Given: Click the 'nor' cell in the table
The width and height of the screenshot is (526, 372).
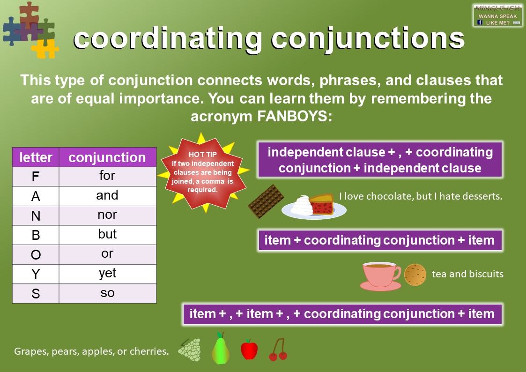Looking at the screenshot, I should coord(107,215).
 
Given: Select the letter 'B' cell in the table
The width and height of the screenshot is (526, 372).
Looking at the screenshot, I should coord(36,235).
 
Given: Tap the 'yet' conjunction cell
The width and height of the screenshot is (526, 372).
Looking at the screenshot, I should coord(107,274).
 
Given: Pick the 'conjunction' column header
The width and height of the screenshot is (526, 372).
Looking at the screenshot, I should coord(107,157).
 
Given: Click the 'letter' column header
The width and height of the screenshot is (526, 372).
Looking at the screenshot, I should coord(36,157).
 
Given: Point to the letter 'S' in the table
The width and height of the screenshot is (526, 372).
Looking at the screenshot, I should coord(36,293).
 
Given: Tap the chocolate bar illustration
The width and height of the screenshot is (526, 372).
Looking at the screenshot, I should coord(266,202).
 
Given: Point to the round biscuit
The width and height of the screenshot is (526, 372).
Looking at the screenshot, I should coord(415,275).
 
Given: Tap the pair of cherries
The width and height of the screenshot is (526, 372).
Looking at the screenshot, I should coord(278,350).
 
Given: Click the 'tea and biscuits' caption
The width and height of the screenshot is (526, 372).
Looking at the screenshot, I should coord(467,274).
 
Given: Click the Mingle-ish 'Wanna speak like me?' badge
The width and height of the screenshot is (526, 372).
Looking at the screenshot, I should coord(497,15).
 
